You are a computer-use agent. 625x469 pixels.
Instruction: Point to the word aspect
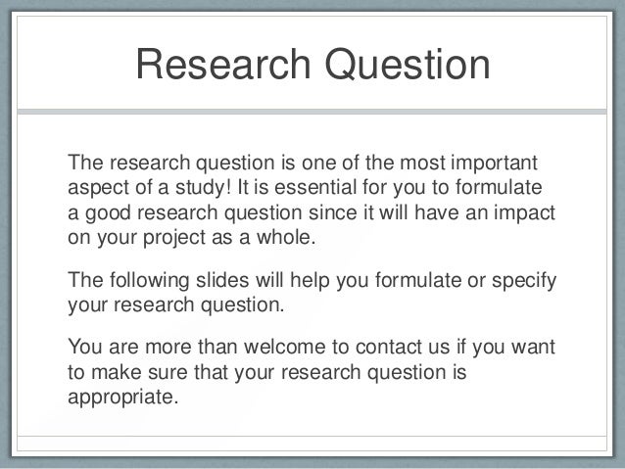tap(94, 187)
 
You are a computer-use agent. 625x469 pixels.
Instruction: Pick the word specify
tap(524, 282)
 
